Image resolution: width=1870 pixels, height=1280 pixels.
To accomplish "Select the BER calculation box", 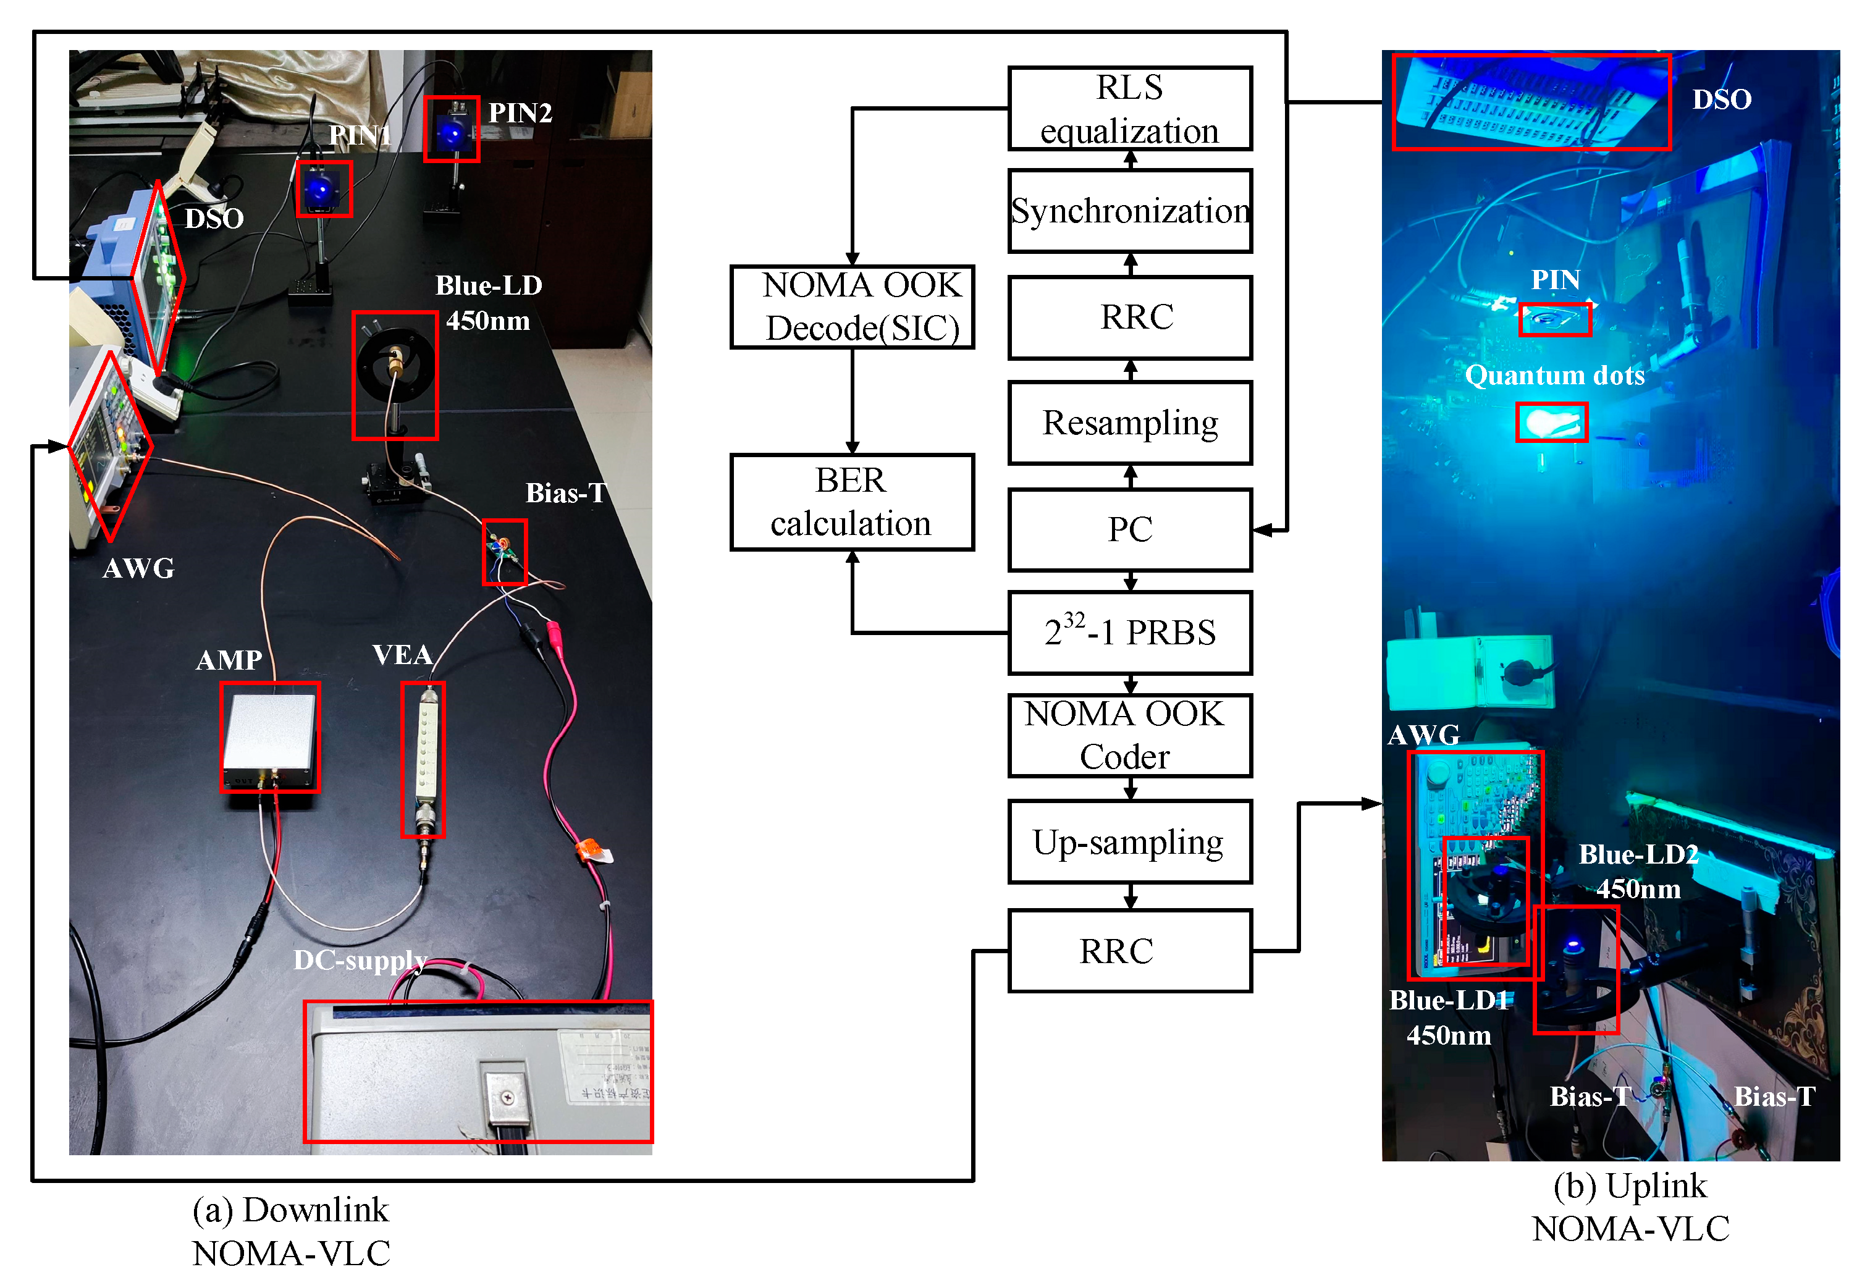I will click(x=851, y=502).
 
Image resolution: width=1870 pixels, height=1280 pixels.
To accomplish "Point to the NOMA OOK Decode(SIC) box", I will click(x=851, y=306).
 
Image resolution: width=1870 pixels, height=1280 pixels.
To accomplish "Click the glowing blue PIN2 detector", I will click(x=452, y=130).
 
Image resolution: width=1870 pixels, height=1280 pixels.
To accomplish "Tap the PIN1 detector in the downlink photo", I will click(x=324, y=190).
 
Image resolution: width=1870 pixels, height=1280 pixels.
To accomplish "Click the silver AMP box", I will click(x=269, y=736).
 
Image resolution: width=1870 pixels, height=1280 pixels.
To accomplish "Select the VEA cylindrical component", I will click(x=423, y=759).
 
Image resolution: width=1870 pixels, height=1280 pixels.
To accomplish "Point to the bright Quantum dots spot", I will click(x=1551, y=423).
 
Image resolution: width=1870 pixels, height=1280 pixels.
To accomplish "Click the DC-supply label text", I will click(x=360, y=960).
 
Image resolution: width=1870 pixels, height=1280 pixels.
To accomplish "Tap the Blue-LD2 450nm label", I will click(x=1638, y=871).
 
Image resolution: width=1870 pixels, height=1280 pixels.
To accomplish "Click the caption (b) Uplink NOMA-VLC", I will click(x=1630, y=1206).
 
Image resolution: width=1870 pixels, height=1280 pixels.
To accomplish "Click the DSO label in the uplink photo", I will click(x=1721, y=99).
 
